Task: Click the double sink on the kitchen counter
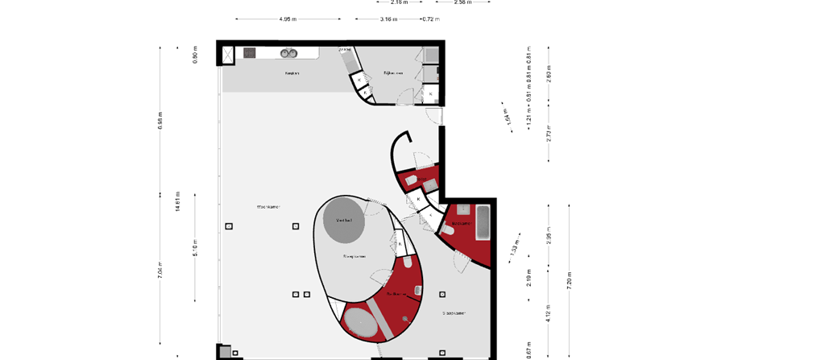pyautogui.click(x=288, y=53)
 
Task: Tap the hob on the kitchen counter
pyautogui.click(x=250, y=52)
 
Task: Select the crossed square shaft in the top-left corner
pyautogui.click(x=228, y=53)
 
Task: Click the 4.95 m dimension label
pyautogui.click(x=288, y=19)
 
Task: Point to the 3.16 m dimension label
pyautogui.click(x=388, y=19)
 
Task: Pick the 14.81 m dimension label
pyautogui.click(x=178, y=201)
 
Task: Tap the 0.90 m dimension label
pyautogui.click(x=195, y=55)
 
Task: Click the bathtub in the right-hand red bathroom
pyautogui.click(x=483, y=222)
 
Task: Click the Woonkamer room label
pyautogui.click(x=268, y=206)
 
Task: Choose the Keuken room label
pyautogui.click(x=292, y=73)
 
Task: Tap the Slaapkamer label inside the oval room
pyautogui.click(x=354, y=257)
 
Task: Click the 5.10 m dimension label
pyautogui.click(x=195, y=247)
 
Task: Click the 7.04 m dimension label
pyautogui.click(x=160, y=271)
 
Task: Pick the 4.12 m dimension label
pyautogui.click(x=549, y=312)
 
